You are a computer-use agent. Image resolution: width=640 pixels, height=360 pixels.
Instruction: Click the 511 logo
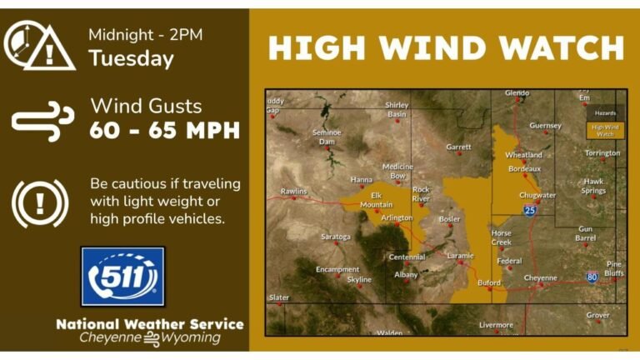[122, 276]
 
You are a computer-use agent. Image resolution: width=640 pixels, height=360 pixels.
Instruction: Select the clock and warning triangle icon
[38, 45]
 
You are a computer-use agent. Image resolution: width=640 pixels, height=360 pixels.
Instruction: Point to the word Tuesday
[131, 58]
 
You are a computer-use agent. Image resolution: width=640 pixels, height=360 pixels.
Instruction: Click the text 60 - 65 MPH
[165, 130]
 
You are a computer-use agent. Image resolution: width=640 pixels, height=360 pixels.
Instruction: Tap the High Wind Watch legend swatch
[602, 130]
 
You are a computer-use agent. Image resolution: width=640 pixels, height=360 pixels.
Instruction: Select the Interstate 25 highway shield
[530, 212]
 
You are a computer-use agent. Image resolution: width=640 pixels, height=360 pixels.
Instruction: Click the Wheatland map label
[523, 155]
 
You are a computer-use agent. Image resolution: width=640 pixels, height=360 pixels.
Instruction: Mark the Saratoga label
[336, 237]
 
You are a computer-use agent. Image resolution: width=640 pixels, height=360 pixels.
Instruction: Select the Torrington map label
[602, 153]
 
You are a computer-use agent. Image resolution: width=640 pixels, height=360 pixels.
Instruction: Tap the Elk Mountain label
[376, 199]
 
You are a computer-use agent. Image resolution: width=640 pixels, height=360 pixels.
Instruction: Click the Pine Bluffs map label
[613, 267]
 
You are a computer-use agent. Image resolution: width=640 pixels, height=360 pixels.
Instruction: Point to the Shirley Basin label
[397, 109]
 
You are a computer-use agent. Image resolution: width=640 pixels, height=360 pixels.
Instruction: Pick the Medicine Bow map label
[397, 171]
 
